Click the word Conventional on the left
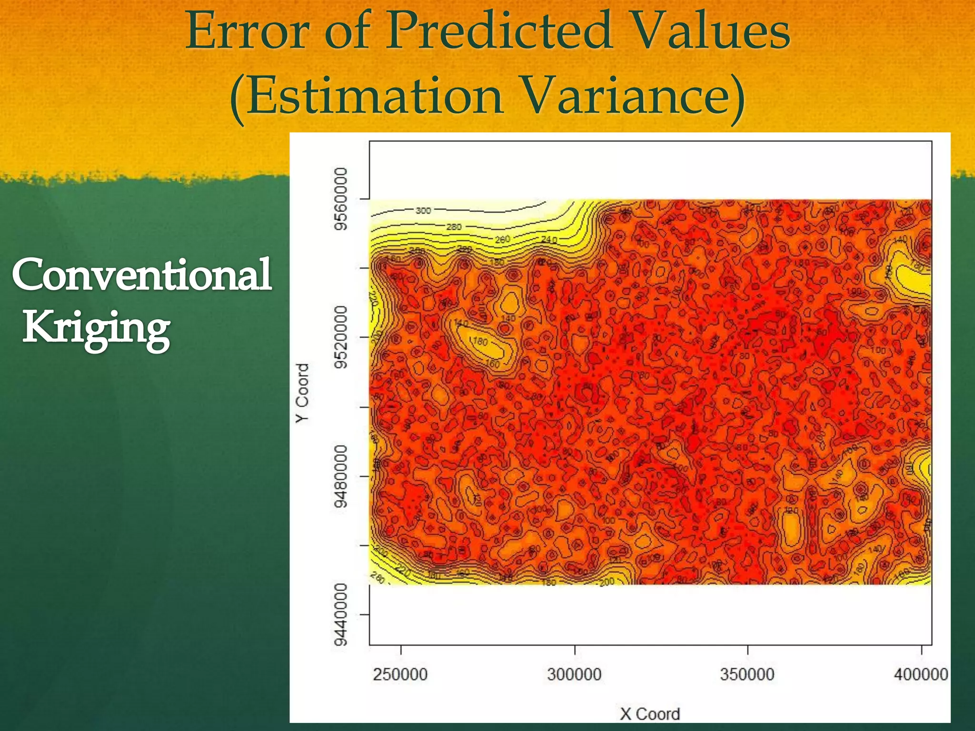tap(142, 275)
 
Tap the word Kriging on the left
tap(97, 328)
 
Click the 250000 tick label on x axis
tap(400, 674)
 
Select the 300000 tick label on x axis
tap(574, 674)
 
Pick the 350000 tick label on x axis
tap(747, 674)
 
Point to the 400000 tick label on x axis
tap(921, 674)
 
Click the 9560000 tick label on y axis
tap(341, 198)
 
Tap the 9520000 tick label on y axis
tap(341, 337)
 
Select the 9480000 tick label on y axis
tap(341, 476)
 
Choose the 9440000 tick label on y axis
tap(341, 614)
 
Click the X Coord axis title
tap(649, 714)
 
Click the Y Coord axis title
tap(303, 393)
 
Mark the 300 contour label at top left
tap(423, 210)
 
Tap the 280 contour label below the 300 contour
tap(454, 227)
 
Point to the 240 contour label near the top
tap(548, 239)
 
